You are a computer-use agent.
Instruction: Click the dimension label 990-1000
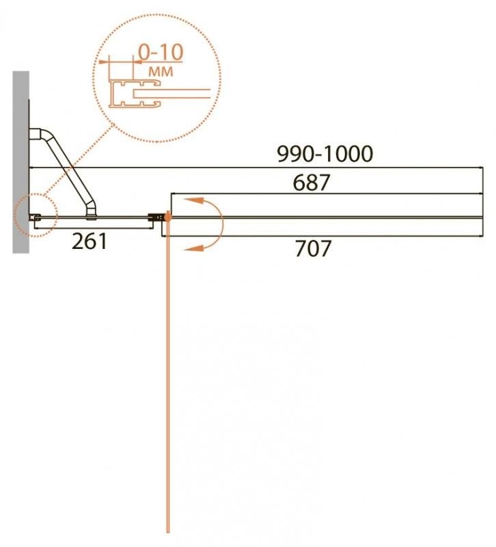coord(325,154)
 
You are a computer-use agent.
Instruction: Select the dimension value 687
coord(312,183)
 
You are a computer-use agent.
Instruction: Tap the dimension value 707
coord(313,248)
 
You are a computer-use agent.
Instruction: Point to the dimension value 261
coord(89,241)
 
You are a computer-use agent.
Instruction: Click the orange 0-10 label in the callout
coord(161,53)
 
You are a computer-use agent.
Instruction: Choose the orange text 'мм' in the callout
coord(161,72)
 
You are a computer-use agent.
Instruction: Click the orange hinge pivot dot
coord(168,217)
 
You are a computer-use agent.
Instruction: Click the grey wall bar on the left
coord(21,162)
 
